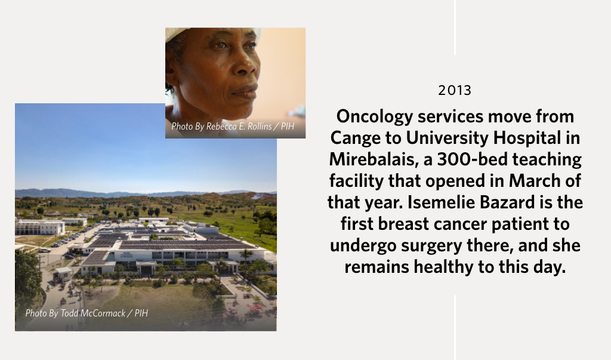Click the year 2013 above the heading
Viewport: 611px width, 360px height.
click(x=455, y=91)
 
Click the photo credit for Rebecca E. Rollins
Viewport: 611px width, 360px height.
click(x=233, y=127)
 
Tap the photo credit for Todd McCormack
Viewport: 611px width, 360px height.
click(x=87, y=313)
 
